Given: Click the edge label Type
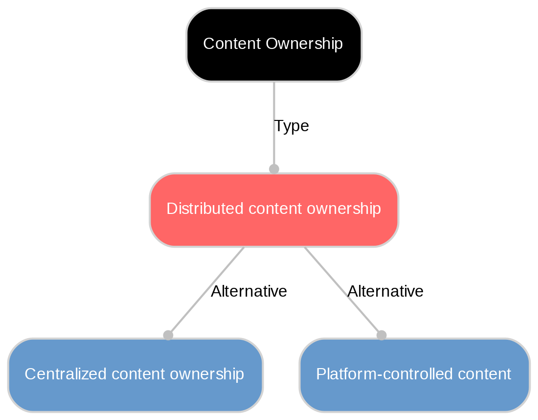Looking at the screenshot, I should [x=291, y=126].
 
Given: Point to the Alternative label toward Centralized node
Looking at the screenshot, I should [x=248, y=292].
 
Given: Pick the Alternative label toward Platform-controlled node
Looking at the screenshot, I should [x=385, y=292].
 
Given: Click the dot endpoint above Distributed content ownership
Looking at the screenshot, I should [x=274, y=169].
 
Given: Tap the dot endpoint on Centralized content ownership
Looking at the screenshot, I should [x=168, y=335].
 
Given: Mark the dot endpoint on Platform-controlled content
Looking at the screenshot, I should [x=381, y=335].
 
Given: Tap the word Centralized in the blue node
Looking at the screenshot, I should [x=57, y=374].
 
